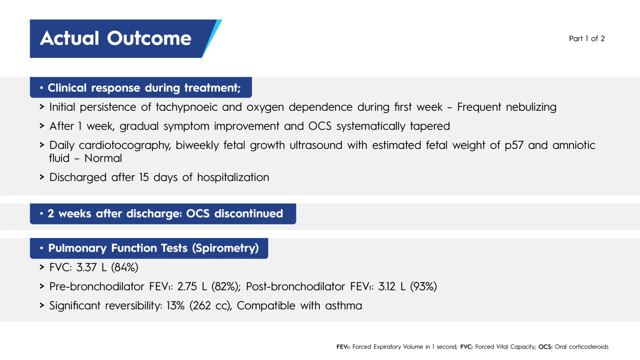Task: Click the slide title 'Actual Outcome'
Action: pos(115,38)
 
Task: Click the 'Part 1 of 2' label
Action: pos(586,38)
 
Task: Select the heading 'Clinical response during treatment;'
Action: pos(144,88)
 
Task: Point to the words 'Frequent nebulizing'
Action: pos(506,107)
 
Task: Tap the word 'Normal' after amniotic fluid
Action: pos(103,158)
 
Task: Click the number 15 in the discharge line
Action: pos(144,177)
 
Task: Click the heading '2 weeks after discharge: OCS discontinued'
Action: pos(165,214)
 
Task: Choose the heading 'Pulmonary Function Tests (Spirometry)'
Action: pos(153,248)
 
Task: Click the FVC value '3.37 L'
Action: pos(91,267)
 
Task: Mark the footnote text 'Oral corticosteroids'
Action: pos(581,346)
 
